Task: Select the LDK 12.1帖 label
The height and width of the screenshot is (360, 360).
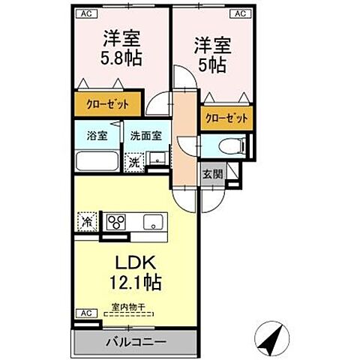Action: click(x=134, y=274)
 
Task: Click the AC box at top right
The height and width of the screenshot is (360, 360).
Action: click(x=241, y=13)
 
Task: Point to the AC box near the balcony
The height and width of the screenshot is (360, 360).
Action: click(x=85, y=312)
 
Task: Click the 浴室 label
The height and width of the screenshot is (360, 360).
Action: click(x=96, y=136)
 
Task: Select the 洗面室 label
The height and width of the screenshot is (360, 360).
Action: click(x=145, y=136)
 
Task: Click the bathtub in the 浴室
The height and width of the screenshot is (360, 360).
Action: click(x=97, y=162)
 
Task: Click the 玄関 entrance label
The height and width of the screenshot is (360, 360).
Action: click(x=211, y=174)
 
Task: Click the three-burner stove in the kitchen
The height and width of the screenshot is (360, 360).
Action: click(x=118, y=221)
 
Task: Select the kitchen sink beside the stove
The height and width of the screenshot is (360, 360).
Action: click(x=154, y=221)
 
